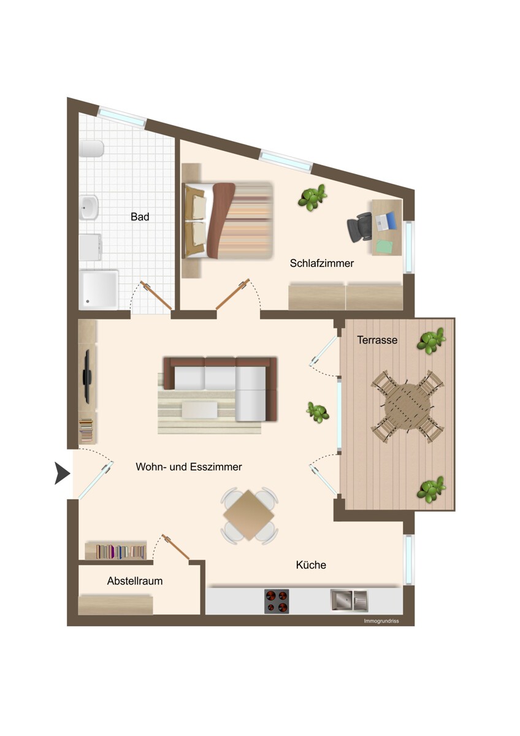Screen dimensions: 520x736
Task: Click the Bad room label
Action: pos(140,217)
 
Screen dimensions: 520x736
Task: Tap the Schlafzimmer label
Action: pos(321,263)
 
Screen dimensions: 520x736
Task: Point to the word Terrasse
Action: pos(377,340)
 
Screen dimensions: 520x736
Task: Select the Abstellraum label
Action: pos(135,581)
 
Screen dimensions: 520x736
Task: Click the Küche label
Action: pos(311,565)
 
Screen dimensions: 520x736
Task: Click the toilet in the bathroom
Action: pos(91,149)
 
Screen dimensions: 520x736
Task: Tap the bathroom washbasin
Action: pos(89,207)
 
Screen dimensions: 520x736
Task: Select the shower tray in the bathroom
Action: pos(99,289)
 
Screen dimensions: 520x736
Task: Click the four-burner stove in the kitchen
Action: pos(277,601)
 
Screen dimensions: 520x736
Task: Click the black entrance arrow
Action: pos(62,473)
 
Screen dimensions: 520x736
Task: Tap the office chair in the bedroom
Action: pos(359,227)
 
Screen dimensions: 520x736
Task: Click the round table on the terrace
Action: pos(407,407)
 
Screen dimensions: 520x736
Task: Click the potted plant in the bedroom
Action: pos(312,197)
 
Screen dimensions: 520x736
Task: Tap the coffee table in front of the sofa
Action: pos(200,410)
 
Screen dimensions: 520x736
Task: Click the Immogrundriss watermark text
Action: pos(381,621)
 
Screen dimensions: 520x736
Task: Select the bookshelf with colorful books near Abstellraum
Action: pos(116,550)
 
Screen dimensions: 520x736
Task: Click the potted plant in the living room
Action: pos(317,412)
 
